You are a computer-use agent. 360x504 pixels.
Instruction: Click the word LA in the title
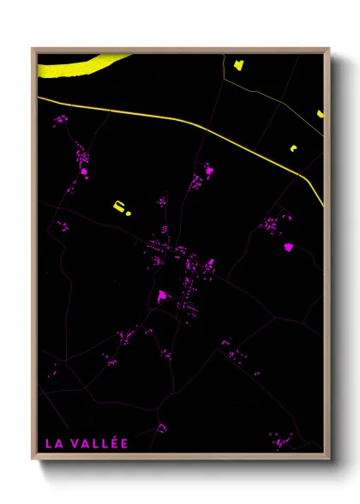coord(54,443)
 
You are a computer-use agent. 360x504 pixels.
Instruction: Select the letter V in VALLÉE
coord(75,443)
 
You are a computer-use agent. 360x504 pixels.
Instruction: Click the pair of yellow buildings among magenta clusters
coord(121,207)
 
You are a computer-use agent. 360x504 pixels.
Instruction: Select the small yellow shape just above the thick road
coord(293,148)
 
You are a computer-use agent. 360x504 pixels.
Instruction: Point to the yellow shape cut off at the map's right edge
coord(320,112)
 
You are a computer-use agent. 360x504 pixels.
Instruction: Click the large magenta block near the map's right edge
coord(288,247)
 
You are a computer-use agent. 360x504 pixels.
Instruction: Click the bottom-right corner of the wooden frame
coord(329,459)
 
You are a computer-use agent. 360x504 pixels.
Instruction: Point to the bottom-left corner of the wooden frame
coord(33,459)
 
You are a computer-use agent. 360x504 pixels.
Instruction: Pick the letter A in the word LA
coord(58,443)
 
